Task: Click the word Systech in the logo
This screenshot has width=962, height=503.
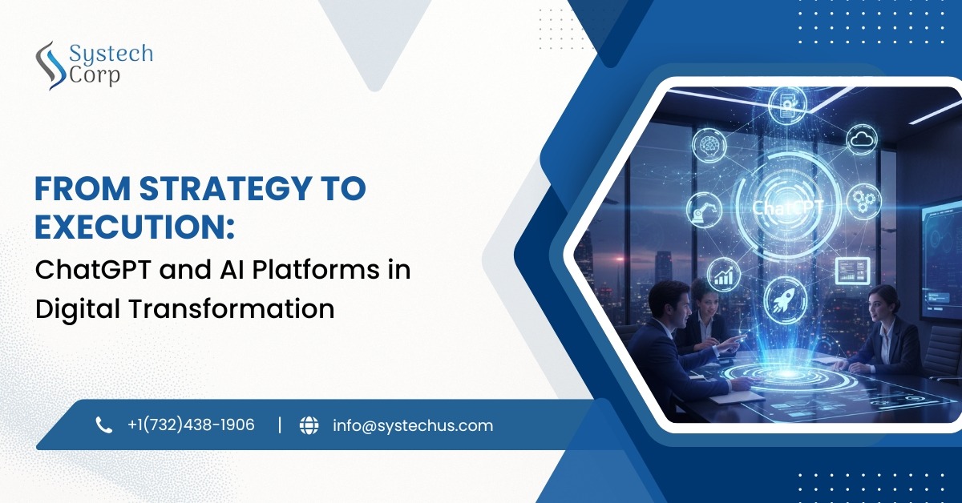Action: [110, 54]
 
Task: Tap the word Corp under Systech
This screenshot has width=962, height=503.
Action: [95, 76]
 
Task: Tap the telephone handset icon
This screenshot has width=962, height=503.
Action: [104, 425]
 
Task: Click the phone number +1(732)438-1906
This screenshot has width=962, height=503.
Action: [191, 425]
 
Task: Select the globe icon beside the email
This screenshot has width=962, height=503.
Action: [309, 425]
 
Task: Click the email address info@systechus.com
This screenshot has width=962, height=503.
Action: [413, 425]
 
